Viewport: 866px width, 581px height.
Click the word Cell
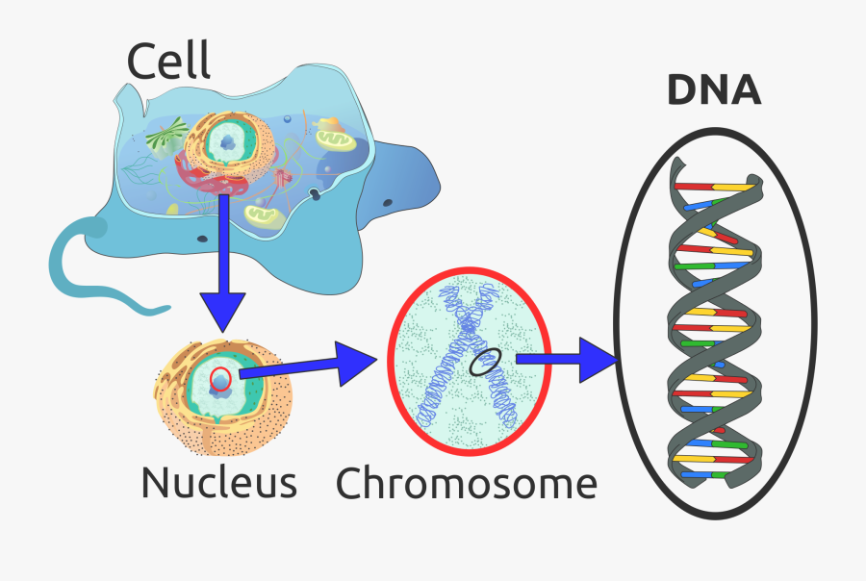pyautogui.click(x=168, y=62)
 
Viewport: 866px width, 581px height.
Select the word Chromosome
pyautogui.click(x=466, y=482)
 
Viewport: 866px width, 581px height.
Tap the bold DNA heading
pyautogui.click(x=714, y=91)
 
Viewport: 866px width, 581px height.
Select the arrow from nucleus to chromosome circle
pyautogui.click(x=308, y=366)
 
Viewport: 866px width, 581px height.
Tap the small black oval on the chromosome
pyautogui.click(x=484, y=363)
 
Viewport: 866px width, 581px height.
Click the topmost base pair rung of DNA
pyautogui.click(x=712, y=185)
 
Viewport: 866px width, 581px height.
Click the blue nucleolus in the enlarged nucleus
pyautogui.click(x=222, y=384)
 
